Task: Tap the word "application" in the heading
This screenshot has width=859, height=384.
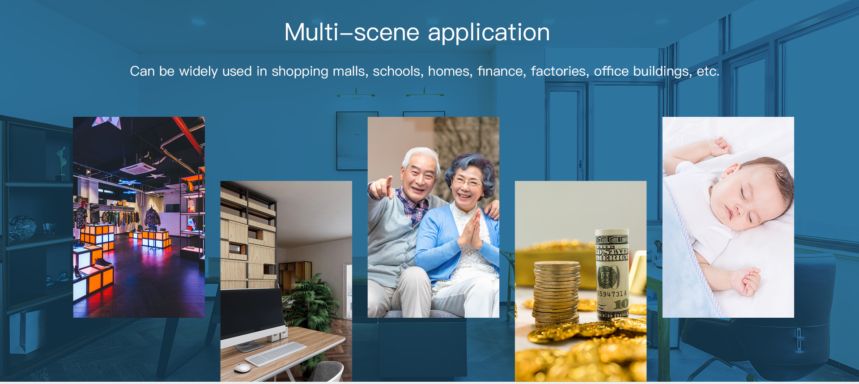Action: [x=489, y=33]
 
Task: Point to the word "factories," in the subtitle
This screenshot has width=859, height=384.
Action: [x=560, y=71]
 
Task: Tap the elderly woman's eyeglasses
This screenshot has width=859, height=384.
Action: [x=466, y=181]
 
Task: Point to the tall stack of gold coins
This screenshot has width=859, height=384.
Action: [x=556, y=294]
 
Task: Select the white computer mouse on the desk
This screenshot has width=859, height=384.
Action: [x=242, y=367]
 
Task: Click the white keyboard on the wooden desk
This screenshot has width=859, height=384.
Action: [x=276, y=354]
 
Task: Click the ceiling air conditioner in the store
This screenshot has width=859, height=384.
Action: [x=139, y=168]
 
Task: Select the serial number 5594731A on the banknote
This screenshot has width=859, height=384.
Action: [x=612, y=294]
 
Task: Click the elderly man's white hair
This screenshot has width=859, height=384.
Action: [x=421, y=157]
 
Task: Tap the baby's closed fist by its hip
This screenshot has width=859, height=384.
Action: [x=746, y=281]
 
